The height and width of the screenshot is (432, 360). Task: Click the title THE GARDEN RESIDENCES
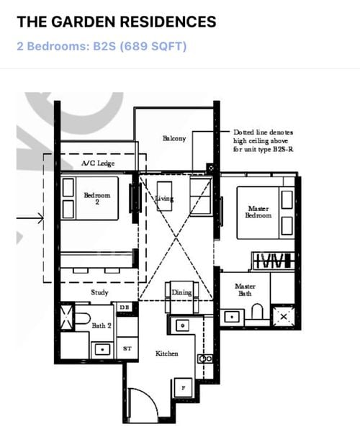point(116,22)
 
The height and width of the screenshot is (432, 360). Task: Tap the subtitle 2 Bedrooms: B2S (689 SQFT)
point(102,47)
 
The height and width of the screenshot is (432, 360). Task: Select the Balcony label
point(174,138)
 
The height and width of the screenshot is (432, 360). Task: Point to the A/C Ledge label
point(94,164)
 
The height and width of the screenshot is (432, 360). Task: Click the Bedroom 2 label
point(96,197)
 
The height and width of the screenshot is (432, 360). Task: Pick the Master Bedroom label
point(258,212)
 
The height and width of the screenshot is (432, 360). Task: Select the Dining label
point(181,292)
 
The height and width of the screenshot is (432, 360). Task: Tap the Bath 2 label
point(101,325)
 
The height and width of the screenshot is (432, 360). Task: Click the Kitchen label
point(167,354)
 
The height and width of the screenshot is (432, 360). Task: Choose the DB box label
point(124,307)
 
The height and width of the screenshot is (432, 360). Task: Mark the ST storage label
point(127,348)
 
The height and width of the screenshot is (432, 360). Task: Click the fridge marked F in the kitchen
point(183,388)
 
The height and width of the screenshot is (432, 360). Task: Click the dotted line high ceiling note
point(262,141)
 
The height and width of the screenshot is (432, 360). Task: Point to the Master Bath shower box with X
point(283,316)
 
